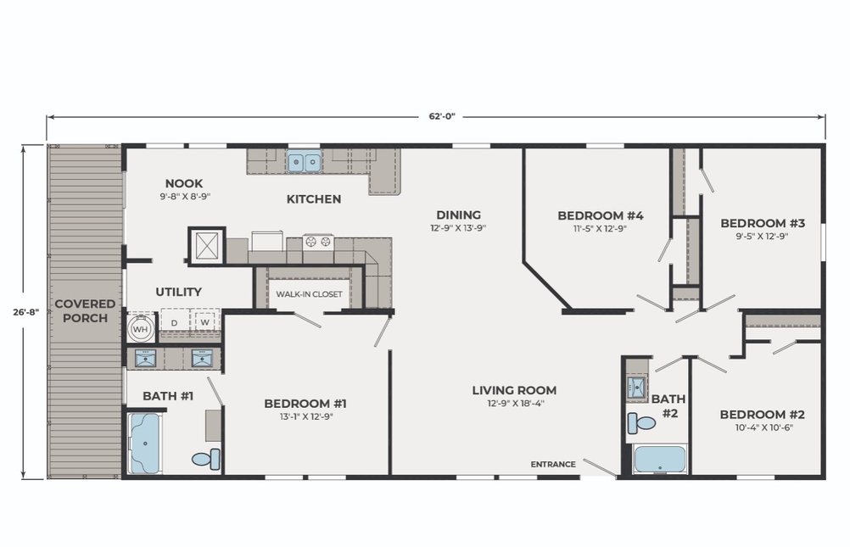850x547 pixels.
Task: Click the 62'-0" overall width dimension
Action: click(x=442, y=116)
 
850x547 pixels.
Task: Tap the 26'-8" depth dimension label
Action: click(x=26, y=312)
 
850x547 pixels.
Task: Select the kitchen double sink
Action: click(x=304, y=161)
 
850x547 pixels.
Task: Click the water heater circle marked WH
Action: click(x=141, y=329)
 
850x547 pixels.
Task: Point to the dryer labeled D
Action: click(x=175, y=322)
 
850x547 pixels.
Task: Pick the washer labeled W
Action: click(x=205, y=322)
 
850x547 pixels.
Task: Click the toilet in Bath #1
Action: click(x=206, y=460)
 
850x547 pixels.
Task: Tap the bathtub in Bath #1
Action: click(x=145, y=444)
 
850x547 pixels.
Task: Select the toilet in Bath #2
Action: click(x=641, y=422)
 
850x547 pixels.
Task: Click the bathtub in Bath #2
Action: click(x=660, y=459)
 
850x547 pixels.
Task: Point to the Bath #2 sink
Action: click(x=638, y=388)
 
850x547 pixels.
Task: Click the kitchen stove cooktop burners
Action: click(x=318, y=242)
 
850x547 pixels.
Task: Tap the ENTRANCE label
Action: click(x=553, y=464)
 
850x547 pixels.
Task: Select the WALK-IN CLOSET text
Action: click(x=310, y=293)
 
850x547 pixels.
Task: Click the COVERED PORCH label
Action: click(x=85, y=310)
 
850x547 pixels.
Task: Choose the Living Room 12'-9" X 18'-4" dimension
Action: click(x=514, y=404)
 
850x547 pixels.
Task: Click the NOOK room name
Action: click(x=184, y=183)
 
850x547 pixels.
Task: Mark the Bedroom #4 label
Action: click(x=601, y=215)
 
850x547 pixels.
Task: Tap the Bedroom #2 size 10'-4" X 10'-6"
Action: click(x=762, y=427)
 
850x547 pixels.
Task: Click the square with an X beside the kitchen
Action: click(x=206, y=246)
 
